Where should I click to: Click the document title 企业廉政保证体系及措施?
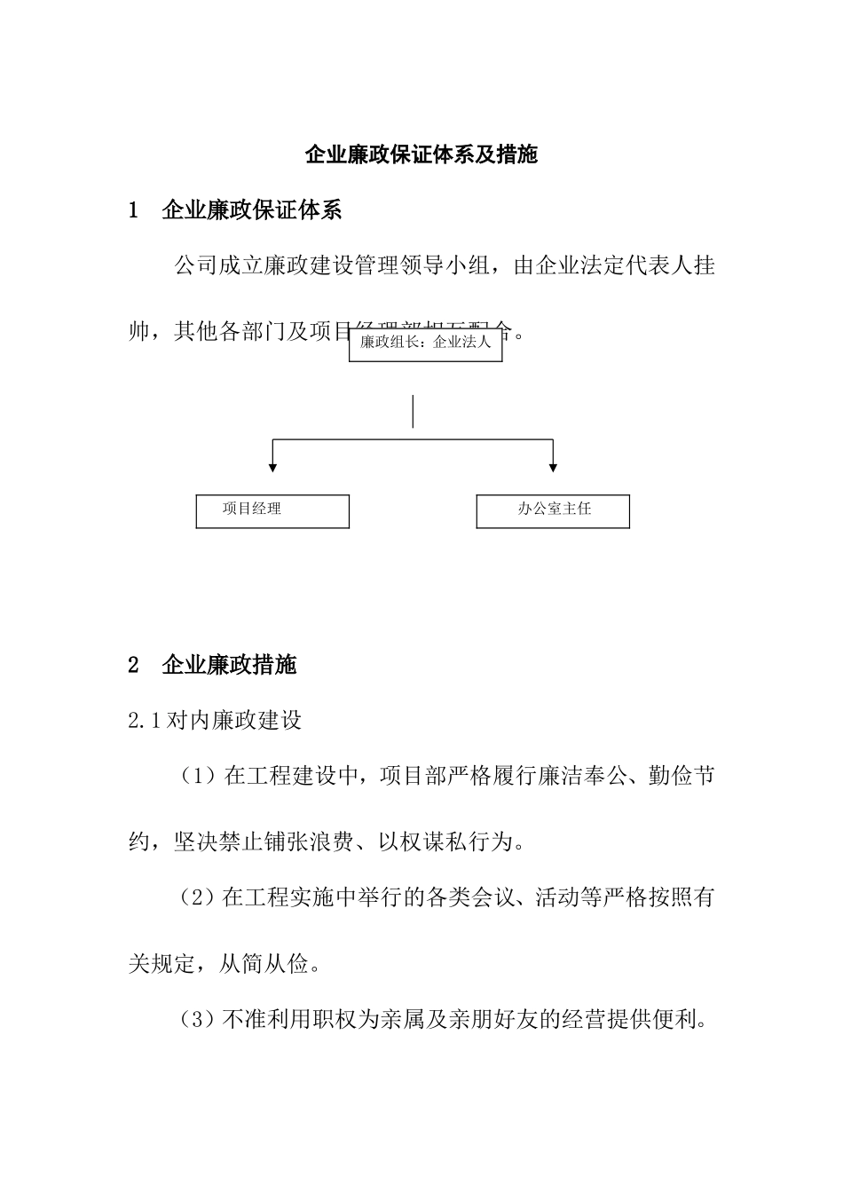click(x=421, y=155)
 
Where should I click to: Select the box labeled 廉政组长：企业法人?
click(x=426, y=343)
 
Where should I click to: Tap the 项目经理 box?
click(x=272, y=510)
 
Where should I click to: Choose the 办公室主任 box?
click(x=553, y=510)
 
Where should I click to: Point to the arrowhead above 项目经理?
click(x=272, y=466)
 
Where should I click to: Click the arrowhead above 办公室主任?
click(x=553, y=466)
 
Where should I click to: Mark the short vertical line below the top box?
click(x=413, y=412)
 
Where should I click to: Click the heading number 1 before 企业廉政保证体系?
click(x=134, y=210)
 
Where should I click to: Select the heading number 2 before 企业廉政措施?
click(x=134, y=665)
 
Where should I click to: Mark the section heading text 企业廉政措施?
click(x=230, y=665)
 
